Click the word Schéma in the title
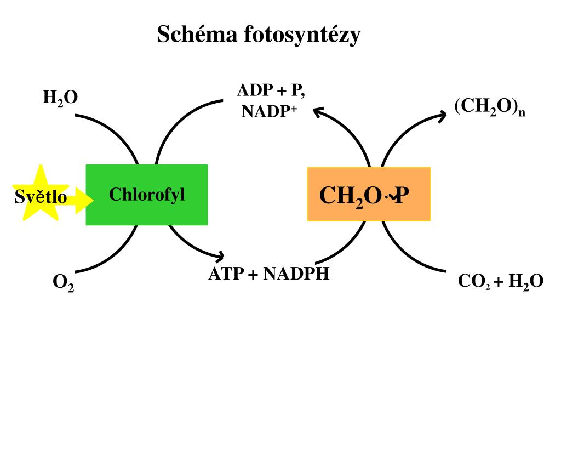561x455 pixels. (197, 35)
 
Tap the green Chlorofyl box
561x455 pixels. (147, 195)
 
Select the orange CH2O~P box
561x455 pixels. (369, 194)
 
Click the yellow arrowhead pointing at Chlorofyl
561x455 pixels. (84, 201)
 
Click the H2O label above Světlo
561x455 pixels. (60, 98)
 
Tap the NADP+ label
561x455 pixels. (270, 111)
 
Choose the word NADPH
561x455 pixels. (296, 274)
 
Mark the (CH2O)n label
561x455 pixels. (490, 107)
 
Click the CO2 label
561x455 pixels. (474, 282)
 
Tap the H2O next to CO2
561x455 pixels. (526, 282)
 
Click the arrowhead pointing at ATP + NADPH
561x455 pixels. (219, 255)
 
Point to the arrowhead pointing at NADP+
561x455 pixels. (318, 112)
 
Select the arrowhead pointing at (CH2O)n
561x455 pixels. (442, 117)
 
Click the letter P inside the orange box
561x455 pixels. (402, 196)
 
